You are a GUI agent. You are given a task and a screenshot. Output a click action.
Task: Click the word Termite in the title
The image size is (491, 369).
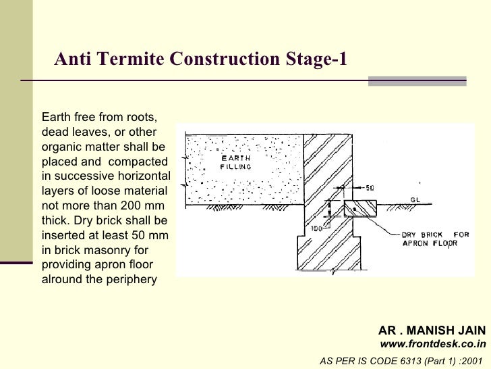pos(130,58)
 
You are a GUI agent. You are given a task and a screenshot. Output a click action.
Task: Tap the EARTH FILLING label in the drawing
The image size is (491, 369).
pos(236,162)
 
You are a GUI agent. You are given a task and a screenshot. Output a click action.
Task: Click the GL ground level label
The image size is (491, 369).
pos(415,200)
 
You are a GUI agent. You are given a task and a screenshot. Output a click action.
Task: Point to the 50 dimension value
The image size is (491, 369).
pos(370,188)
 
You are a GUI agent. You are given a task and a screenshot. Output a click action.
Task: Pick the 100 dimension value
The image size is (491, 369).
pos(317,228)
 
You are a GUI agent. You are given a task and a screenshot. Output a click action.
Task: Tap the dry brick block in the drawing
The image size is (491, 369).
pos(360,209)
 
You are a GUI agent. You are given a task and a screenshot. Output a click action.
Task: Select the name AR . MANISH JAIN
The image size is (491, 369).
pos(432,330)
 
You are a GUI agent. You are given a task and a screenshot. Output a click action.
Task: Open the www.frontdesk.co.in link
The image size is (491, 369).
pos(433,344)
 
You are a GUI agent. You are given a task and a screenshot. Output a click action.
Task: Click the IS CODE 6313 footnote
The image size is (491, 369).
pos(401,361)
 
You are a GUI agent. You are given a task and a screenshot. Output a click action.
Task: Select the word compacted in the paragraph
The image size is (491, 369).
pos(138,162)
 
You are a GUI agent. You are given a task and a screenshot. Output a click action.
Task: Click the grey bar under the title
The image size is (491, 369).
pos(417,81)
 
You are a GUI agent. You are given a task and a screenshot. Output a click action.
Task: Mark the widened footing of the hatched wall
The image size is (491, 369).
pos(329,253)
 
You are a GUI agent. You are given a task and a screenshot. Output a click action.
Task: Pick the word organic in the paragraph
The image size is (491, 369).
pos(61,147)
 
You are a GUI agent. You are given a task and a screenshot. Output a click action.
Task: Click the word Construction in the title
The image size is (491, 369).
pos(225,58)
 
